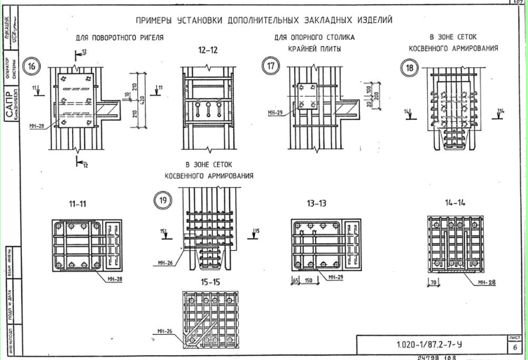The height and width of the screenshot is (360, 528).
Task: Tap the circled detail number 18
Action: (x=408, y=67)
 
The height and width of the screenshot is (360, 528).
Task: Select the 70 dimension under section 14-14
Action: (x=434, y=283)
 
